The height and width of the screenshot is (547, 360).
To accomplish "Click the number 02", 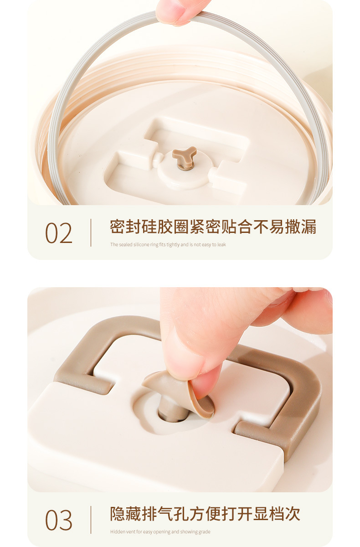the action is pyautogui.click(x=59, y=233).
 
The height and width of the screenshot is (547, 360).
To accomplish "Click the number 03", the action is pyautogui.click(x=59, y=520).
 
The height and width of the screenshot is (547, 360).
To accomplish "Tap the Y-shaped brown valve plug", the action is pyautogui.click(x=184, y=156).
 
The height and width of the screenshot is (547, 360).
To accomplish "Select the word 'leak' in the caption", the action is pyautogui.click(x=221, y=244).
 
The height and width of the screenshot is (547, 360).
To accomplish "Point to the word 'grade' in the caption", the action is pyautogui.click(x=205, y=532).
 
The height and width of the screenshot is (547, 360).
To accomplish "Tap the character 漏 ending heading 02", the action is pyautogui.click(x=309, y=227).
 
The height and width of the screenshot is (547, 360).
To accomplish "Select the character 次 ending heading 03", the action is pyautogui.click(x=293, y=514).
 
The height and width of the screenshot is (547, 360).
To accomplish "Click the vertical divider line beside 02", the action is pyautogui.click(x=91, y=232).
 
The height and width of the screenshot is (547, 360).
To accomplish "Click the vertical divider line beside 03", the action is pyautogui.click(x=91, y=520).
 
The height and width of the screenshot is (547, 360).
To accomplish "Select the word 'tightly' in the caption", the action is pyautogui.click(x=173, y=245).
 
